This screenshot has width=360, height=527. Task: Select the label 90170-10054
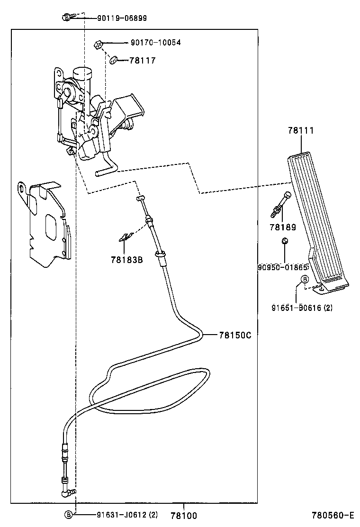(155, 43)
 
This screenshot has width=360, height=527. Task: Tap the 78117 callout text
(142, 61)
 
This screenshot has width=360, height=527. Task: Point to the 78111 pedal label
(300, 131)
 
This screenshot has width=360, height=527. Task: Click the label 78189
(282, 227)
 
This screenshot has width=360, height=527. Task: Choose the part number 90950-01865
(283, 267)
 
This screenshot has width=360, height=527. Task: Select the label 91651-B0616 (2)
(301, 308)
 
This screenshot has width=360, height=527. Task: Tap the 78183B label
(126, 259)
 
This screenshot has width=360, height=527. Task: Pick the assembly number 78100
(183, 516)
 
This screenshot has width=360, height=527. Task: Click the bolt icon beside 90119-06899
(67, 18)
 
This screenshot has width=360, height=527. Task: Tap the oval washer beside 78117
(114, 60)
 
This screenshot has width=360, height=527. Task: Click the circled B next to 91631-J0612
(69, 515)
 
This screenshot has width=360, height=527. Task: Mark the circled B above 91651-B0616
(305, 279)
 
